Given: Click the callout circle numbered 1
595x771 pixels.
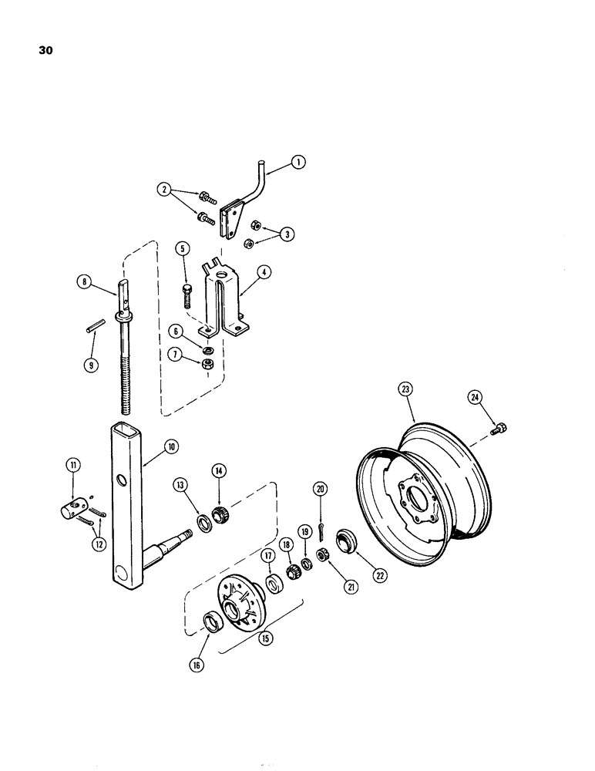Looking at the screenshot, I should coord(299,162).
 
